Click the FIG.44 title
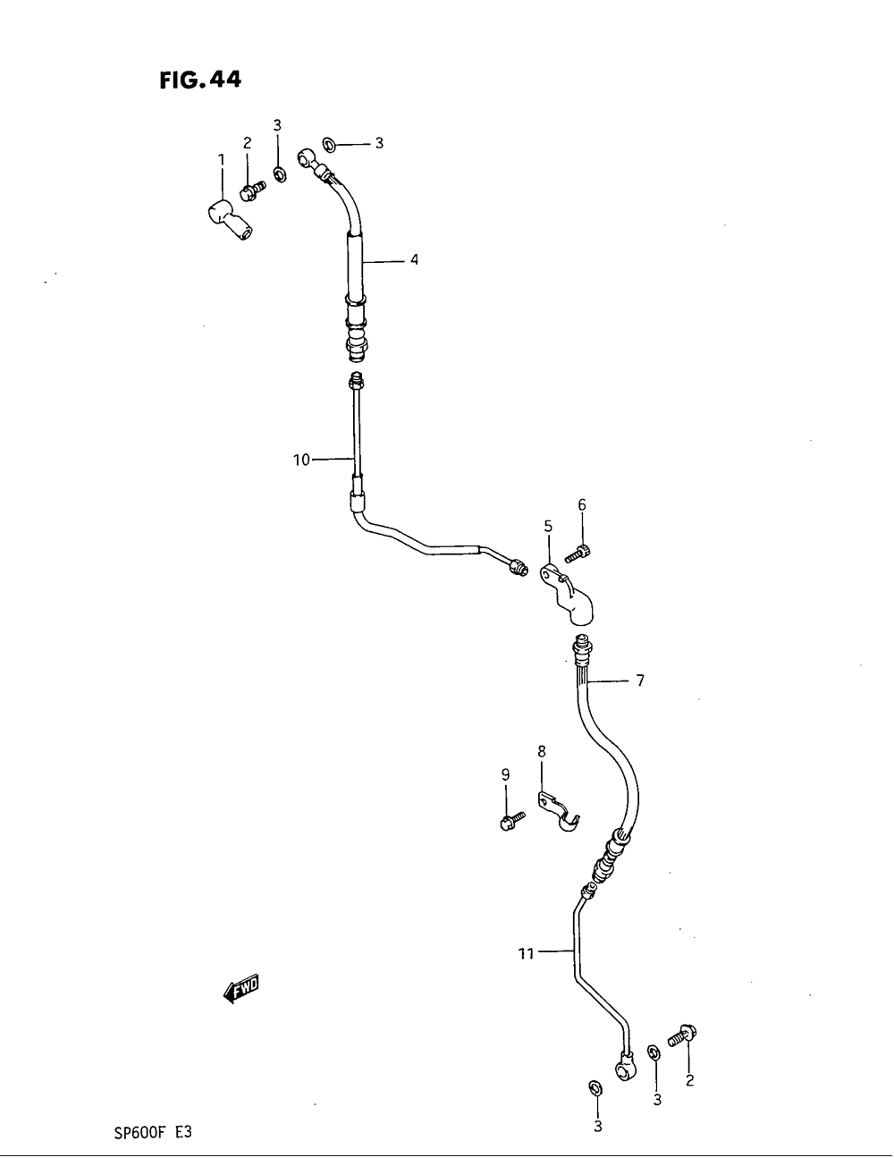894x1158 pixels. (x=200, y=80)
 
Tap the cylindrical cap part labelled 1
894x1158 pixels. (x=226, y=220)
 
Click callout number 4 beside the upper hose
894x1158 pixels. (x=414, y=260)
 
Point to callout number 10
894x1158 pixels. (x=301, y=460)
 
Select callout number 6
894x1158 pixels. (x=582, y=505)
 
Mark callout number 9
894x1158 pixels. (x=505, y=774)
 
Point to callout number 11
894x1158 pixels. (x=526, y=954)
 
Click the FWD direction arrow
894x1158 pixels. (x=240, y=989)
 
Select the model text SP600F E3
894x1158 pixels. (x=153, y=1131)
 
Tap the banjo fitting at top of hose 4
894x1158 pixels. (x=310, y=159)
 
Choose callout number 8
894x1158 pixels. (x=541, y=752)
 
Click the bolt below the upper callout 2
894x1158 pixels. (x=252, y=189)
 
